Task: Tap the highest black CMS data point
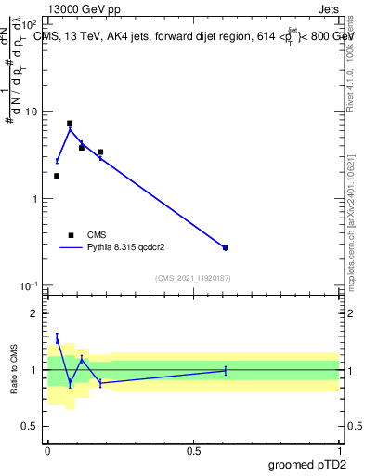coord(70,123)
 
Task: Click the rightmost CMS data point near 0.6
coord(226,247)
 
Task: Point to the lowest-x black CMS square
coord(57,176)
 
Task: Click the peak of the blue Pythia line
coord(70,128)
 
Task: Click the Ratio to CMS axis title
coord(14,369)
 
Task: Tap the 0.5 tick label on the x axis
coord(193,449)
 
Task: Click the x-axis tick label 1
coord(339,449)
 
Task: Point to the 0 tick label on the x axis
coord(47,449)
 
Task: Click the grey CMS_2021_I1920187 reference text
coord(193,278)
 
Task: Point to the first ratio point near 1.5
coord(57,339)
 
